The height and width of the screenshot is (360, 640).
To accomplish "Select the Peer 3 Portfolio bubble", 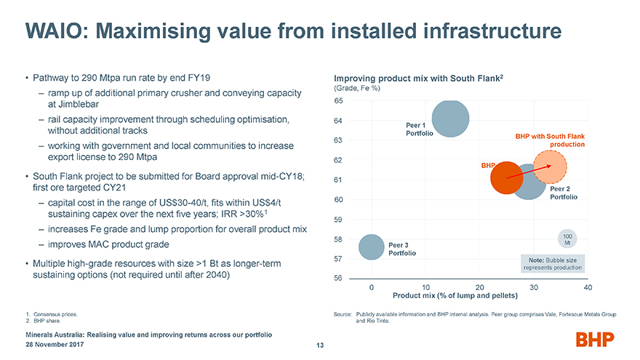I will click(372, 247).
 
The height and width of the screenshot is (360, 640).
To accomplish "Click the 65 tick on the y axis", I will click(339, 100).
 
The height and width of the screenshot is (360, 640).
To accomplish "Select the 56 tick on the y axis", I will click(339, 279).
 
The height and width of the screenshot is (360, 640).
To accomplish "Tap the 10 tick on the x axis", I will click(426, 287).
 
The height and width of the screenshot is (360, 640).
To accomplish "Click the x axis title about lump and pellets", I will click(455, 296).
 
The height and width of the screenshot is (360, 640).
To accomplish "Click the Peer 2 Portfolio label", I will click(564, 193).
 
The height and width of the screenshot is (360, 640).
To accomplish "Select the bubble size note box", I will click(553, 263).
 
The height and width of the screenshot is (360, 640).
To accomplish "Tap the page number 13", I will click(319, 345).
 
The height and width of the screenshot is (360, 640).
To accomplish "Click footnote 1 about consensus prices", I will click(52, 313).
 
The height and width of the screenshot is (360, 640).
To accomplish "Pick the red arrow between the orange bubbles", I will click(528, 172).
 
